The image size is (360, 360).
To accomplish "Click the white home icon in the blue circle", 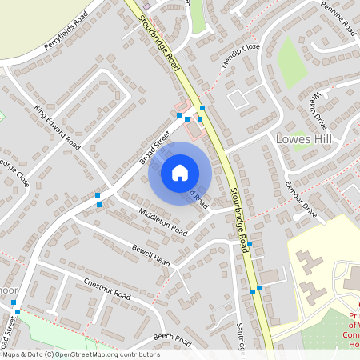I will pos(180,173).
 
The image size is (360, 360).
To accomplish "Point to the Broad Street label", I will pos(155,149).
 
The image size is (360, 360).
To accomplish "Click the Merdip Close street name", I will pos(242,57).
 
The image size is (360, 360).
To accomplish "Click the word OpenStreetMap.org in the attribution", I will pos(89,354).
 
